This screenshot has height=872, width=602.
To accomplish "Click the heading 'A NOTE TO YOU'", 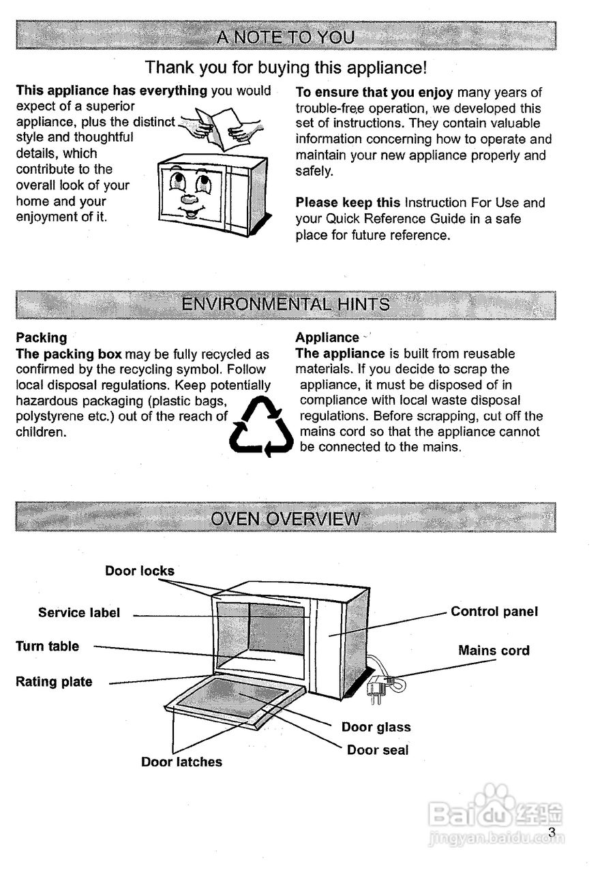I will click(x=286, y=37).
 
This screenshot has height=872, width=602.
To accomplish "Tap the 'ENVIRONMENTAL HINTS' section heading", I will click(x=286, y=305).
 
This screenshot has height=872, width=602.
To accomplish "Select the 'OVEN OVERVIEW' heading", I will click(x=286, y=518).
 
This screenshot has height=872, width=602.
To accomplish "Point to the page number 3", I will click(x=552, y=832).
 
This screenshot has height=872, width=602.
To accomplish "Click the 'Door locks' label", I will click(x=139, y=571).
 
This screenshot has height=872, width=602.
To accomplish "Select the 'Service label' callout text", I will click(x=78, y=613).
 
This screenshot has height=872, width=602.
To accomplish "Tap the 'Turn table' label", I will click(x=47, y=647).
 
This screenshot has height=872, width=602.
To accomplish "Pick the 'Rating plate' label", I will click(x=54, y=682).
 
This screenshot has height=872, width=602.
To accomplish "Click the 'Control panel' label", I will click(x=494, y=612).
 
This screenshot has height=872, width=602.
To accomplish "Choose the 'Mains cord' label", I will click(x=494, y=651).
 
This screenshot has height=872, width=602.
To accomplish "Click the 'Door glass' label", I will click(x=376, y=728).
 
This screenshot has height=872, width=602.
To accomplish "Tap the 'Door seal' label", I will click(x=378, y=750).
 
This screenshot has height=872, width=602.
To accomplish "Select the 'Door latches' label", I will click(x=181, y=762).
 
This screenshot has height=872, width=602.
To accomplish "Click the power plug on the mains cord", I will click(x=376, y=689).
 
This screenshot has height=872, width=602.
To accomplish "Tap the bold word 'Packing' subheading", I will click(x=42, y=337).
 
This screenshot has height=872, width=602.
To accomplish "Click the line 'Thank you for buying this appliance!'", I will click(x=286, y=68).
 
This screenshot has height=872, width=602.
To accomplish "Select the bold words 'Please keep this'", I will click(x=348, y=203).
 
